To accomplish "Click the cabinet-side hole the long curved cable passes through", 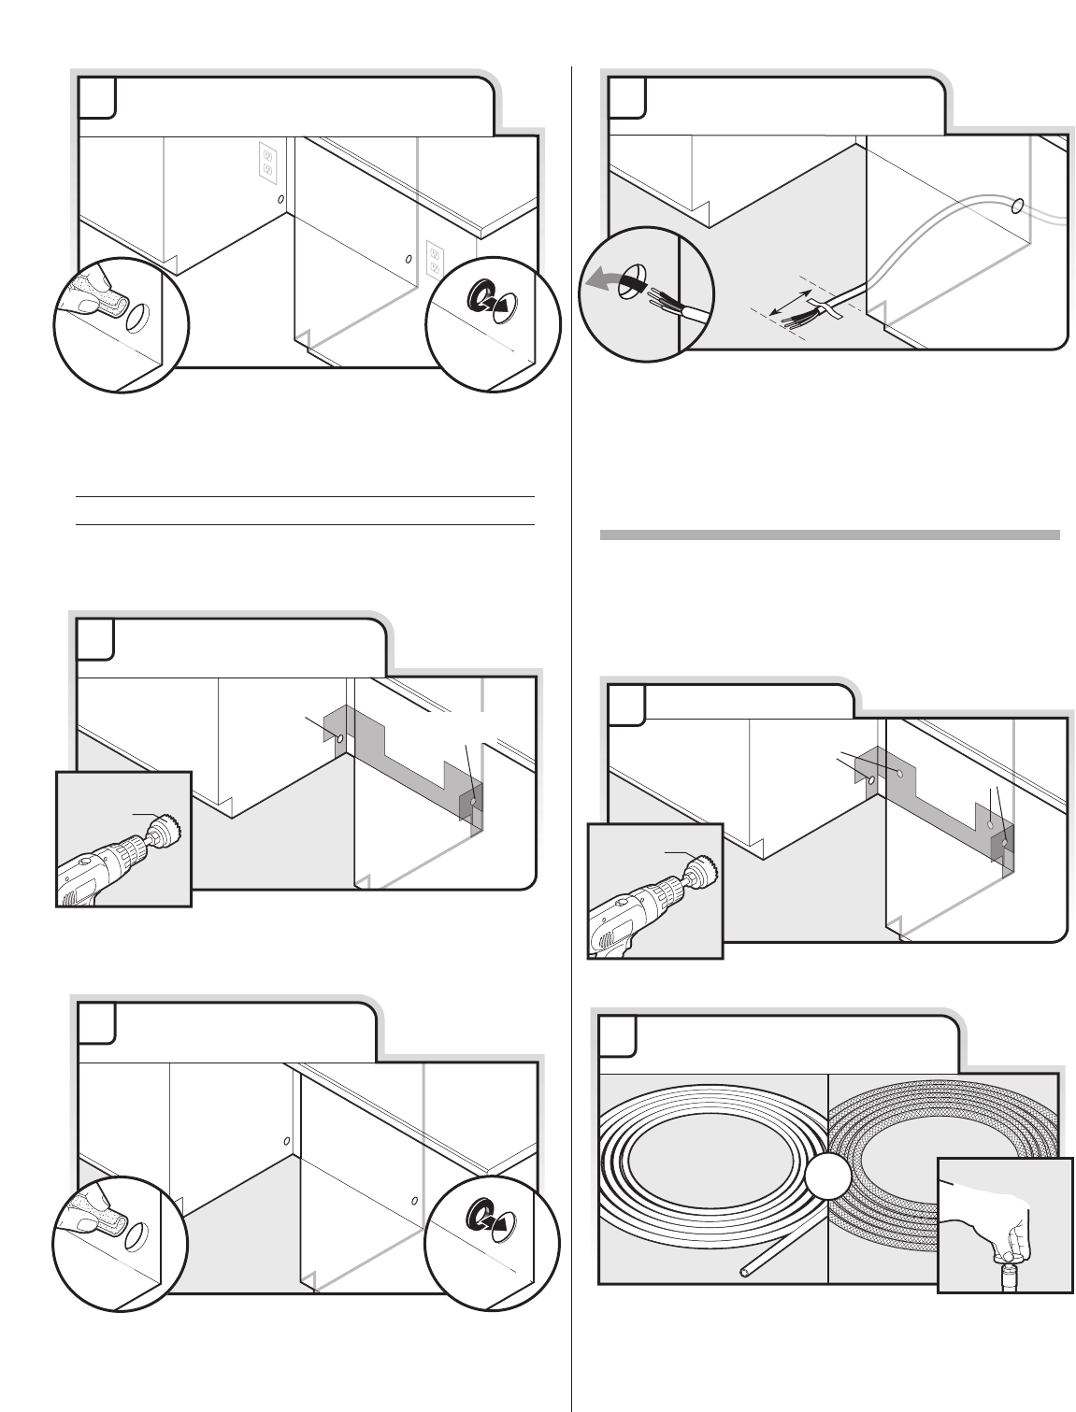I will tap(1017, 205).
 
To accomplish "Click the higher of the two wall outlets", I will tap(266, 162).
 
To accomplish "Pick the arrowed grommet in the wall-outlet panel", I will tap(488, 300).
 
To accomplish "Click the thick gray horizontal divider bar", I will tap(829, 535).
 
